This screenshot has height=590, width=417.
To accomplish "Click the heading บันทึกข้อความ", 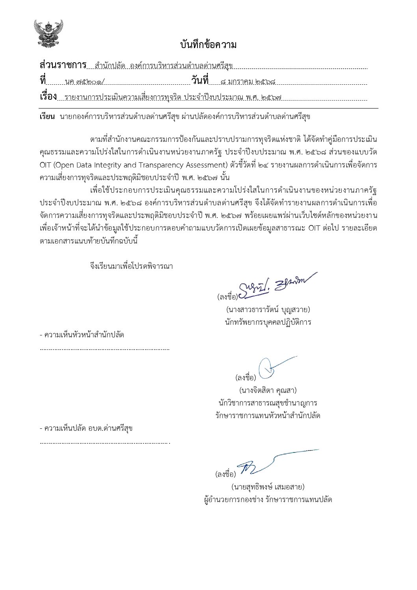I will click(x=208, y=45).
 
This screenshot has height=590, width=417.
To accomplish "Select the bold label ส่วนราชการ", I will click(x=63, y=65).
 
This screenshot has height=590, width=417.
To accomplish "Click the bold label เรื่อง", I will click(x=48, y=96).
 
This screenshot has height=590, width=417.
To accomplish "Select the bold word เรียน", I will click(x=47, y=117).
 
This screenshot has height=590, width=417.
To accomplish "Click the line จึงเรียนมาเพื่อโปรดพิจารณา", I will click(x=131, y=266).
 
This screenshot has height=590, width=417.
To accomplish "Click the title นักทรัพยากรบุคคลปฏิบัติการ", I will click(x=267, y=322).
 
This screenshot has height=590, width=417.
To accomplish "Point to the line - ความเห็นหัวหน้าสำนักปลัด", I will click(x=82, y=335).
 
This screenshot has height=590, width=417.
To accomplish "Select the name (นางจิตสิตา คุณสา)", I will click(x=268, y=390).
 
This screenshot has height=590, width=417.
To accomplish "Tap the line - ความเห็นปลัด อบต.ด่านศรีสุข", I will click(x=86, y=428).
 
